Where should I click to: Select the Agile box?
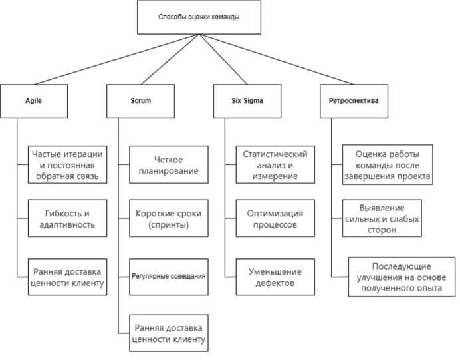[34, 101]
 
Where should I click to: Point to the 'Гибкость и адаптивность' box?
[66, 219]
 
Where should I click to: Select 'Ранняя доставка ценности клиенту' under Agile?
[66, 277]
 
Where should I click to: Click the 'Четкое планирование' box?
[168, 165]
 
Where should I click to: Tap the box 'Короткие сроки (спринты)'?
[168, 219]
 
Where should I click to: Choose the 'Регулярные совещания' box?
[168, 276]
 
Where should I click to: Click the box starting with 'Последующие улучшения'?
[402, 277]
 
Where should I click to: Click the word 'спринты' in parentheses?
[168, 225]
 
